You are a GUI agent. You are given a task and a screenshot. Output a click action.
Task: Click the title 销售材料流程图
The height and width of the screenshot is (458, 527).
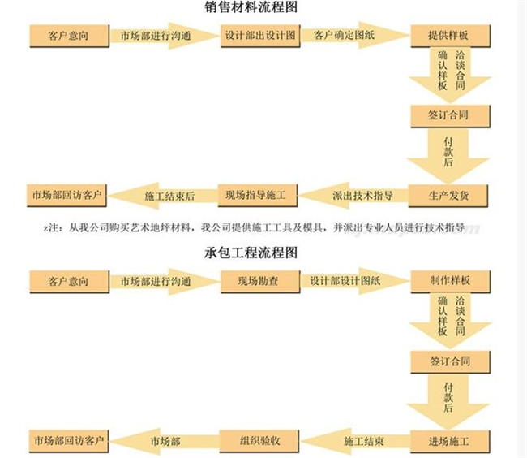pyautogui.click(x=251, y=6)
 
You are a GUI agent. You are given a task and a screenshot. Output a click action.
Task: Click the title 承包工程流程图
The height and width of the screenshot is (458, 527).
pyautogui.click(x=251, y=253)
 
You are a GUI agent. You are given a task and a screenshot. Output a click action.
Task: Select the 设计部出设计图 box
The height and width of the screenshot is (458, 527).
pyautogui.click(x=260, y=36)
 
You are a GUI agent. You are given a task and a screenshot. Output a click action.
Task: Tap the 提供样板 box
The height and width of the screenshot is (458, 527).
pyautogui.click(x=450, y=36)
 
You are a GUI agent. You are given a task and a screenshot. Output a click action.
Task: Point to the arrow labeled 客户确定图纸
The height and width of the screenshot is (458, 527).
pyautogui.click(x=355, y=36)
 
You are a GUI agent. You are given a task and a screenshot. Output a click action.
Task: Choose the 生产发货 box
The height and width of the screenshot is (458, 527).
pyautogui.click(x=448, y=196)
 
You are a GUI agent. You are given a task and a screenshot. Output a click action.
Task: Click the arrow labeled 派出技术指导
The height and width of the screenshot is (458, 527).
pyautogui.click(x=353, y=196)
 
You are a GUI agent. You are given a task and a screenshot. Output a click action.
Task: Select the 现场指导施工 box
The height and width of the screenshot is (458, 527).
pyautogui.click(x=258, y=196)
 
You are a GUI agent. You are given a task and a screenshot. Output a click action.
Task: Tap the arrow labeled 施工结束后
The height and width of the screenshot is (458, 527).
pyautogui.click(x=163, y=196)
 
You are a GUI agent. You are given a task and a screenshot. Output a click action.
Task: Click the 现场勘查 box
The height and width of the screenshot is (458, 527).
pyautogui.click(x=260, y=281)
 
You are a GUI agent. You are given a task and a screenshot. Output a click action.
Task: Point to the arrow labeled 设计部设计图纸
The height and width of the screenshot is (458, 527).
pyautogui.click(x=355, y=281)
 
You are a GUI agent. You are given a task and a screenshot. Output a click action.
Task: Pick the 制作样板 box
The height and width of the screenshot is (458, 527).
pyautogui.click(x=450, y=281)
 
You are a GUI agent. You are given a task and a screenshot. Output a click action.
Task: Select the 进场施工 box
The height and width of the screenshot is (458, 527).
pyautogui.click(x=448, y=441)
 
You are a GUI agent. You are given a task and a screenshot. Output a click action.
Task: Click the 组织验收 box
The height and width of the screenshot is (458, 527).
pyautogui.click(x=259, y=441)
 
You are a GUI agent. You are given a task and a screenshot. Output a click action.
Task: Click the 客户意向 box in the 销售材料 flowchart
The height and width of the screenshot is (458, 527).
pyautogui.click(x=70, y=36)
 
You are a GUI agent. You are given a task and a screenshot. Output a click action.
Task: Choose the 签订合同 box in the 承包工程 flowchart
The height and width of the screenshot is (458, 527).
pyautogui.click(x=450, y=362)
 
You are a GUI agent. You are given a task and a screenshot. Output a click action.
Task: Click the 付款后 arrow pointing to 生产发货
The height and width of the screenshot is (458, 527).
pyautogui.click(x=448, y=156)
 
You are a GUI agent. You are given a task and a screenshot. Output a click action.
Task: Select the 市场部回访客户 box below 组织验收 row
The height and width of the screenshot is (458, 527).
pyautogui.click(x=69, y=441)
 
